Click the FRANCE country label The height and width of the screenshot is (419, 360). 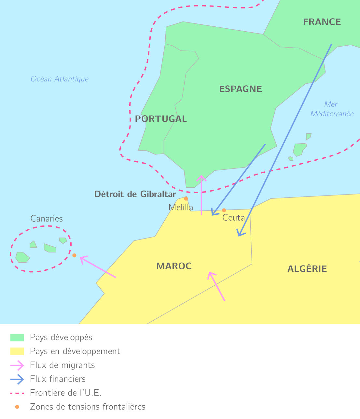pos(322,22)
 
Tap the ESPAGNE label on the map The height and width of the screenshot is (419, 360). pos(241,89)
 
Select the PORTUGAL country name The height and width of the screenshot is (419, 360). pos(161,119)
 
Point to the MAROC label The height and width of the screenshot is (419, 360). pos(174,266)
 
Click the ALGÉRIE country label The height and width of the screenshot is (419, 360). pos(307,269)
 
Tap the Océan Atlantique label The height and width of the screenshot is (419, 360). pos(60,79)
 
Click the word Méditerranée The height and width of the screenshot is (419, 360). pos(332,114)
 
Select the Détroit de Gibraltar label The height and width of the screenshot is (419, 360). pos(135,194)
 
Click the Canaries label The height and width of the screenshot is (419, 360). pos(47,219)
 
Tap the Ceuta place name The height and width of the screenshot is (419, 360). pos(233,218)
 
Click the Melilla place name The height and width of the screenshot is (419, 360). pos(181,207)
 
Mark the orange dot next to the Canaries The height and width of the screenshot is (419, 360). pos(74,255)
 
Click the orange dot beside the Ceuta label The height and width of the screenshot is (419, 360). pos(224,210)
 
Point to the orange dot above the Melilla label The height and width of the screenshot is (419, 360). pos(186,198)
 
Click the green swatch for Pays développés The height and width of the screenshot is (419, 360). pos(17,338)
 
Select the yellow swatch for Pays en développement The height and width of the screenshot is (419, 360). pos(17,351)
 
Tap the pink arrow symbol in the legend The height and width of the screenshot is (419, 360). pos(17,365)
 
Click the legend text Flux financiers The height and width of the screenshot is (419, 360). pos(58,379)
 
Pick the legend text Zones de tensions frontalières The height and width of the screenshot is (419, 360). pos(88,407)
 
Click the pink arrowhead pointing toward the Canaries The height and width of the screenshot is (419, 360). pos(82,258)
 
